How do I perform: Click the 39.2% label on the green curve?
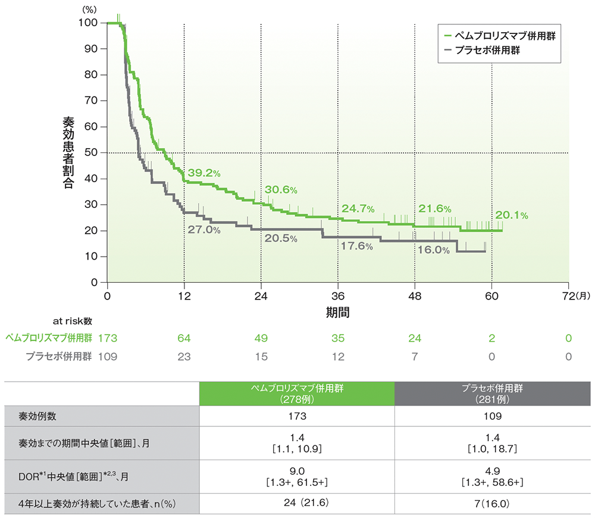point(204,173)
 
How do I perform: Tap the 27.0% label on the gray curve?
point(204,229)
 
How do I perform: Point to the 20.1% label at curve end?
point(511,216)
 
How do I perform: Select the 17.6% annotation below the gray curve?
point(357,246)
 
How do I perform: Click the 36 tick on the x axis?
point(338,295)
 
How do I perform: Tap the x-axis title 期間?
point(337,311)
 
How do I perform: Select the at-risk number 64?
point(184,338)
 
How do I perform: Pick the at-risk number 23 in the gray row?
point(184,357)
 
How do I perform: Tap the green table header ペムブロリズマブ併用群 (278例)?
point(296,394)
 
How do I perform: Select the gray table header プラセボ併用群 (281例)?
point(491,394)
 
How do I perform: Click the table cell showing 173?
point(296,416)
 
